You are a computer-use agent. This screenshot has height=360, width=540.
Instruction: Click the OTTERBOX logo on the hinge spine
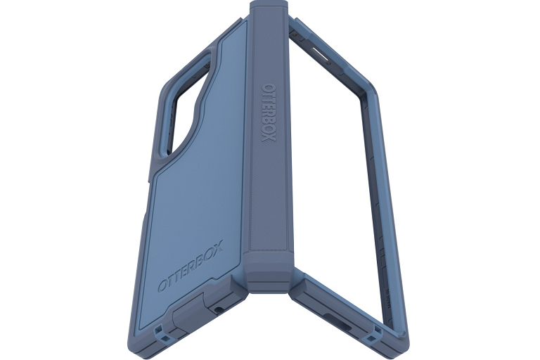[x=269, y=112]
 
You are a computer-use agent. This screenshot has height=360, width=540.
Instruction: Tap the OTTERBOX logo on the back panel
[x=190, y=266]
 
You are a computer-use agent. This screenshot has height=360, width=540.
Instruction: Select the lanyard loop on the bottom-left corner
[x=160, y=331]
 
